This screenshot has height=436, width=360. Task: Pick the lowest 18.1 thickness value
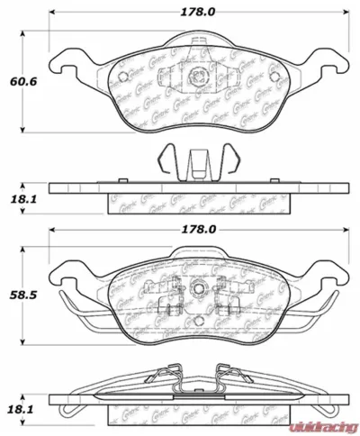[22, 411]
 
